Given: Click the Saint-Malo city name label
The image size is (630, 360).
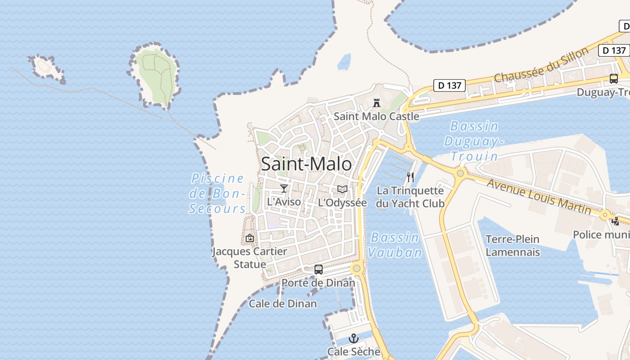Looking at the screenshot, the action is click(306, 164).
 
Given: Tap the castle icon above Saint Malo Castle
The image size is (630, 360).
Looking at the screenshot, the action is click(377, 103).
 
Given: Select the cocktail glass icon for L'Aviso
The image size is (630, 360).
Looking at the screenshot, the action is click(283, 188).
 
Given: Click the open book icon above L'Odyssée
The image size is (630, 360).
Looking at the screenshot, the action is click(342, 189).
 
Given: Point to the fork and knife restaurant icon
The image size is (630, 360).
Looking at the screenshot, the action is click(410, 177).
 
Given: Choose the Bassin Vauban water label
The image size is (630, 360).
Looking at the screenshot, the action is click(395, 245).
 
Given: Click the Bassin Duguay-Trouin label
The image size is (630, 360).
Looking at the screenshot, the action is click(474, 141).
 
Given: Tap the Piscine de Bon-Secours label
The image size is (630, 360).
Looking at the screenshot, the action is click(218, 193).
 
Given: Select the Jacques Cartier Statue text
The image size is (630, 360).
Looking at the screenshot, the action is click(250, 257).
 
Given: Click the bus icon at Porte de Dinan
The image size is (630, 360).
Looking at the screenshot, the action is click(319, 269).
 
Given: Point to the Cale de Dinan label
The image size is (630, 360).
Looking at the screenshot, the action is click(283, 304).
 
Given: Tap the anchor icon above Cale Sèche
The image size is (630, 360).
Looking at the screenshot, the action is click(354, 338).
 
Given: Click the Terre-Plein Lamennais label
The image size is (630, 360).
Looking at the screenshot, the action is click(513, 245).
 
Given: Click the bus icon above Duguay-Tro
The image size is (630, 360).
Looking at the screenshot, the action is click(613, 78).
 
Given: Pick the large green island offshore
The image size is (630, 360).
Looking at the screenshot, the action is click(155, 74).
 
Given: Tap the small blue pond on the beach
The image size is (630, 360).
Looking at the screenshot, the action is click(344, 62).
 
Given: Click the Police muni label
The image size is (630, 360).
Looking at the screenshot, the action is click(601, 234).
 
